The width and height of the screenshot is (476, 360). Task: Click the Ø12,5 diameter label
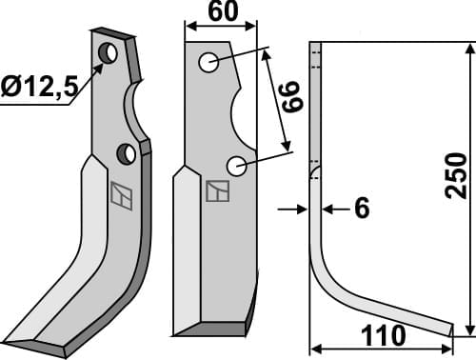39,88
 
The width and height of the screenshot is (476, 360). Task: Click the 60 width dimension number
223,10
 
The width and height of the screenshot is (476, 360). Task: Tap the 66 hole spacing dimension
293,97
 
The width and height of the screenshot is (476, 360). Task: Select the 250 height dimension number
456,175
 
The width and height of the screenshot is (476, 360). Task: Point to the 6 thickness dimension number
362,208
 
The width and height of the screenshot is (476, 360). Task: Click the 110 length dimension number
384,336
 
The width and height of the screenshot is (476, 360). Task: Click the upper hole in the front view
208,62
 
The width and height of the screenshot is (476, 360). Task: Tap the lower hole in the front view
237,166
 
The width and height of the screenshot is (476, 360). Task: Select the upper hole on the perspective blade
108,52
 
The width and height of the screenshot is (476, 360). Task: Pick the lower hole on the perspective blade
127,153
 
